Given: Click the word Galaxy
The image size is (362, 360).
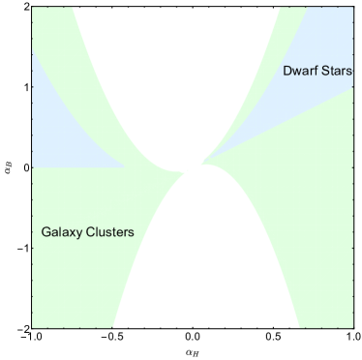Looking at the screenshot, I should (x=63, y=233).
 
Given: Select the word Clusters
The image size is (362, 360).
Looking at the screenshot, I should (x=109, y=233).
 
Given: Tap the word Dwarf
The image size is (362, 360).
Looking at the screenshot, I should (x=300, y=72).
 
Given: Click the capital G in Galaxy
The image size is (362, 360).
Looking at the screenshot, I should (x=46, y=233).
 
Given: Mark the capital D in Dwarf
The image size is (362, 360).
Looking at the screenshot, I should (x=287, y=72).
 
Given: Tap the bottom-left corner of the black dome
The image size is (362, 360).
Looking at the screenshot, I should (x=114, y=327).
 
